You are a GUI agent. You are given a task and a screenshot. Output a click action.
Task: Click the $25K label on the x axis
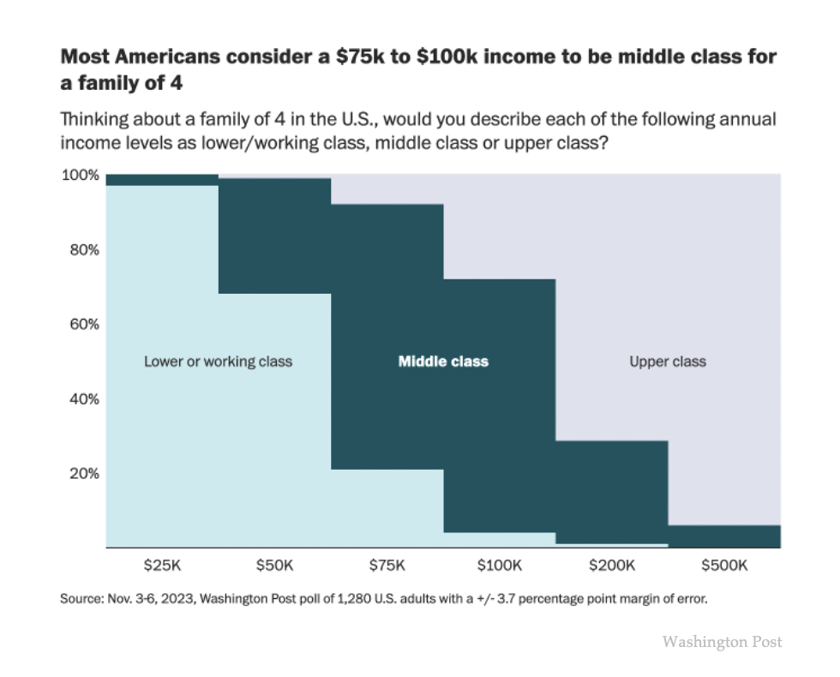point(162,566)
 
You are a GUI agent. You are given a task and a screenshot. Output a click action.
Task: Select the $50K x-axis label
point(275,566)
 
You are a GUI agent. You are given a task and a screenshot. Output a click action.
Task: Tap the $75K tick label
point(387,566)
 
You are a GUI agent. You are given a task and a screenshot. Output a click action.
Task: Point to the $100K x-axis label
point(500,566)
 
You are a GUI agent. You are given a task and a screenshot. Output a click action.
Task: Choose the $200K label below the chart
point(612,566)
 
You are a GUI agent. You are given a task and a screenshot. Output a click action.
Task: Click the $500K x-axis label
point(724,566)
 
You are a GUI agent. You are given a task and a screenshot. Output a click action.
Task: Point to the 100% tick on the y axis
point(80,176)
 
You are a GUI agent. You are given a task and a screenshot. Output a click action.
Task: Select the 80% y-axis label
point(83,250)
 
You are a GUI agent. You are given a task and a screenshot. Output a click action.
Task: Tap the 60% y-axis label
point(83,324)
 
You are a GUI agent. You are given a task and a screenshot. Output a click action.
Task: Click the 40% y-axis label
point(83,398)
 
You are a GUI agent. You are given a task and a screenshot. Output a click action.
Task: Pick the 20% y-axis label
point(83,473)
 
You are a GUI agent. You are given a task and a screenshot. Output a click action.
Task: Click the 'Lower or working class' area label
point(218,362)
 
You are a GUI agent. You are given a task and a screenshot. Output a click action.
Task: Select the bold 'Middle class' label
point(443,362)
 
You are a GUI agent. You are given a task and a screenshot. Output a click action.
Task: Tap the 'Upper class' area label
point(668,362)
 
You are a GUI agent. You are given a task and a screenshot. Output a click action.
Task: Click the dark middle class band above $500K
point(724,536)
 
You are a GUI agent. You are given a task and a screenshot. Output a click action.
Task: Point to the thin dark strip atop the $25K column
point(162,179)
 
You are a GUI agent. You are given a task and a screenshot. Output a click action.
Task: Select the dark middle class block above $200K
point(612,492)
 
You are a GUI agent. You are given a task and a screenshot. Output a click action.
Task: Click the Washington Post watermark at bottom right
point(722,641)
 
